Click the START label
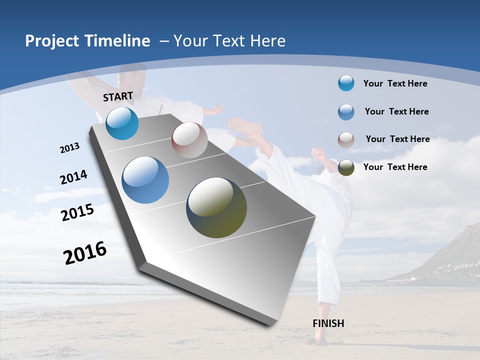(118, 96)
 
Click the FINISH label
(328, 323)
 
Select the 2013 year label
(70, 148)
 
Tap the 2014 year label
(73, 177)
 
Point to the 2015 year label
(77, 212)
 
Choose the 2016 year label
(85, 253)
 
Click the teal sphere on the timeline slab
(122, 123)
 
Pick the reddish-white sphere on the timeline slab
(189, 140)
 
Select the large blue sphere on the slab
(145, 180)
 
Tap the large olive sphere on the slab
(216, 207)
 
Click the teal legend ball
(346, 83)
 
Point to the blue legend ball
(346, 111)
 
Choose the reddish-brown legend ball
(346, 139)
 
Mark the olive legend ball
(346, 167)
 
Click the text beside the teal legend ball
(395, 83)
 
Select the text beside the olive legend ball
(395, 167)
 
